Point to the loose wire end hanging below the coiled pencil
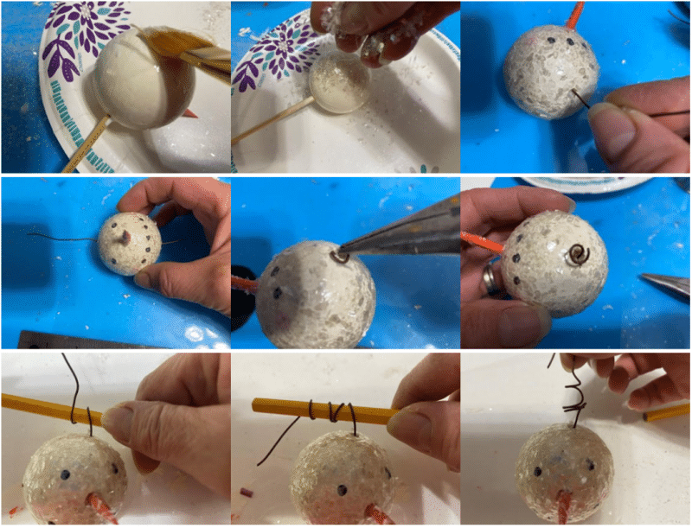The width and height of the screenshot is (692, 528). click(270, 454)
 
